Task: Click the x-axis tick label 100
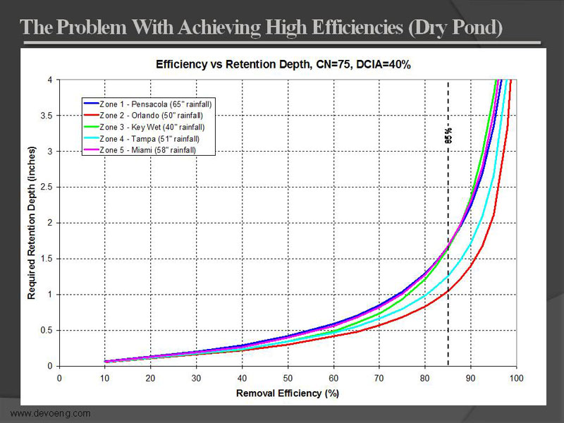tap(516, 379)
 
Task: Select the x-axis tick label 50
tap(287, 379)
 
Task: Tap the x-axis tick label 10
tap(105, 379)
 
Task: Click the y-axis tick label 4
tap(50, 80)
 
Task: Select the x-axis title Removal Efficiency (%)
tap(288, 393)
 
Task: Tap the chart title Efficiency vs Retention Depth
tap(283, 64)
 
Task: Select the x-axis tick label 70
tap(379, 379)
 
